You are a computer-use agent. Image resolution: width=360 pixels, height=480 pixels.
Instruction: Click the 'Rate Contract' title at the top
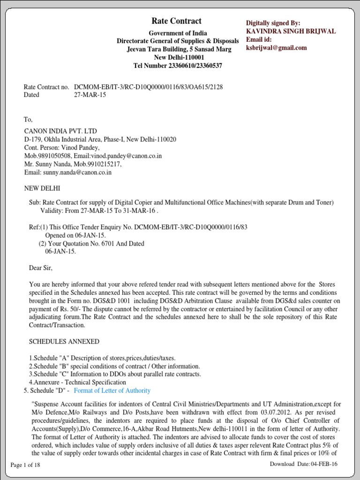176,21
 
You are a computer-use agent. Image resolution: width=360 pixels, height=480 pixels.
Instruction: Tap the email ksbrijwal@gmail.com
277,48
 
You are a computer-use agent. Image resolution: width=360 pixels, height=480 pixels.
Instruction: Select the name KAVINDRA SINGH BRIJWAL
291,31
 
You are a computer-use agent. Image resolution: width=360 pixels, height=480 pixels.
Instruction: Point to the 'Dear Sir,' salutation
41,268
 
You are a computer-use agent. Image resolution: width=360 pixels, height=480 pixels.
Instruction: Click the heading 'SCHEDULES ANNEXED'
64,342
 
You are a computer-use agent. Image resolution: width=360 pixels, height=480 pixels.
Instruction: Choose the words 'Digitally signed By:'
273,23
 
